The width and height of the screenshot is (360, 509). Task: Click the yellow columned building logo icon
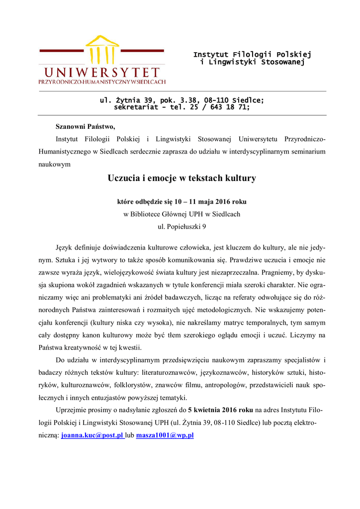point(102,50)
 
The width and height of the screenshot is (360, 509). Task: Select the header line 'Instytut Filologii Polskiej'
point(252,54)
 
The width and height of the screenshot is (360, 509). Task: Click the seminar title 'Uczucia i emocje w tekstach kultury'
point(181,178)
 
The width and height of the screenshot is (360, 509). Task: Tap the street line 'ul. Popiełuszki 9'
point(181,226)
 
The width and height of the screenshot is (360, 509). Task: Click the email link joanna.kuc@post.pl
point(92,435)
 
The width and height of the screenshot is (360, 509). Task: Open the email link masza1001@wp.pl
point(165,435)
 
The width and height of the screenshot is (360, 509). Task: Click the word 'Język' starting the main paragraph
point(64,247)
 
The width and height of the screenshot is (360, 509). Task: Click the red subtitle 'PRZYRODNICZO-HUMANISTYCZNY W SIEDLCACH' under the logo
point(102,82)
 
